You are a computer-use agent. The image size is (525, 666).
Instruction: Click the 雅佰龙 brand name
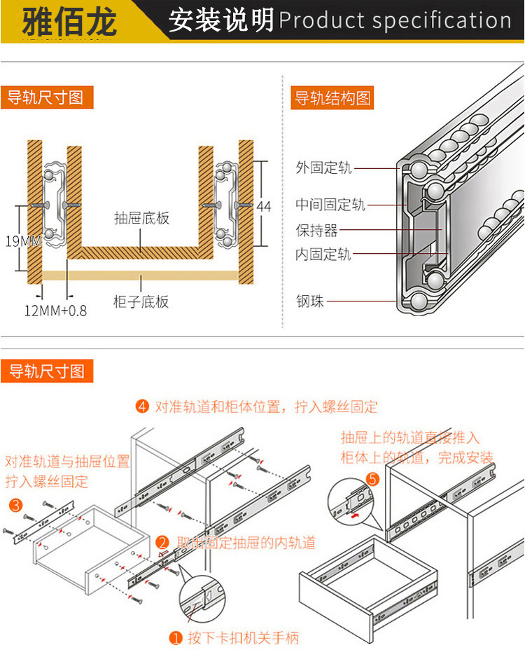coord(69,21)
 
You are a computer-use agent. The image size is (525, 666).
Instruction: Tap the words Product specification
coord(395,21)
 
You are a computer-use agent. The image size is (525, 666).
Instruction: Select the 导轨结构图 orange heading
coord(332,97)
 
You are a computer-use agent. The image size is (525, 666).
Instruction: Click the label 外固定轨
coord(323,168)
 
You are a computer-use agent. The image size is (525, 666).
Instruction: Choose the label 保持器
coord(316,230)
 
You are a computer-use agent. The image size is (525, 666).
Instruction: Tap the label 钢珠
coord(310,303)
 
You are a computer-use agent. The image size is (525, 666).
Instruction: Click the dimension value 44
coord(263,207)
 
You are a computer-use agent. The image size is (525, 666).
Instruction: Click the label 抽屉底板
coord(141,218)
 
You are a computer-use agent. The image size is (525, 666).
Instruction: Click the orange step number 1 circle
coord(176,638)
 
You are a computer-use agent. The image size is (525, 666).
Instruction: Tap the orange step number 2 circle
coord(162,542)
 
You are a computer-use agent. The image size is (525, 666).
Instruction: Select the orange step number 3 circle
coord(15,505)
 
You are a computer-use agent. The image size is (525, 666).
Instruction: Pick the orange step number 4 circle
coord(143,407)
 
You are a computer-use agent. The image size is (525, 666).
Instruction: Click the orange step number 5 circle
coord(372,480)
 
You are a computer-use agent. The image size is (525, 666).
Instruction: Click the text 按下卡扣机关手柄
coord(243,638)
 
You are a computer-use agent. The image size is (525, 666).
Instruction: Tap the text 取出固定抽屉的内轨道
coord(246,542)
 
